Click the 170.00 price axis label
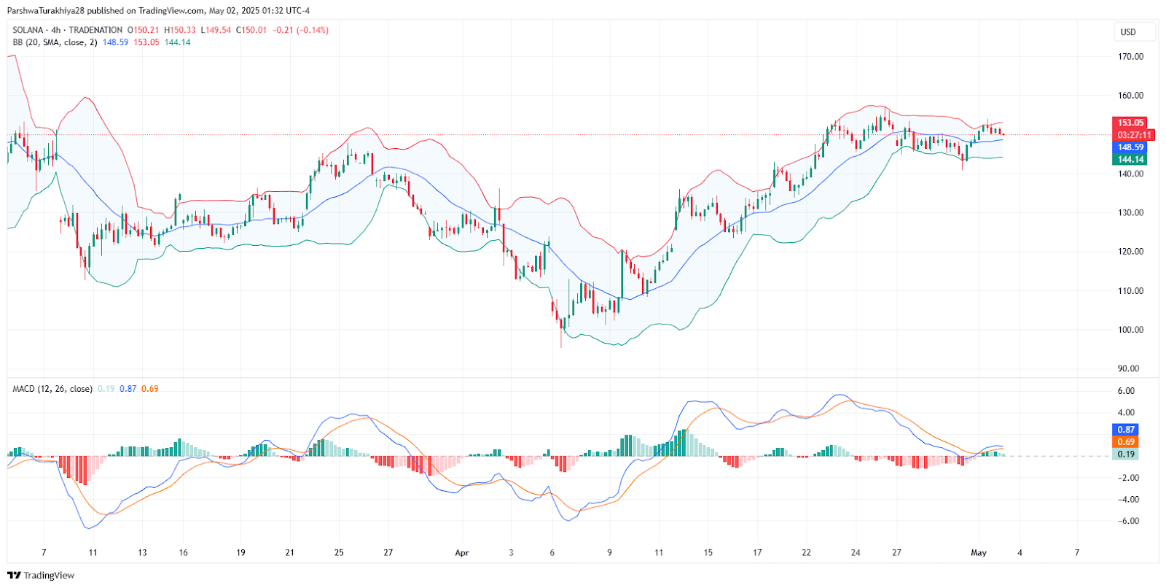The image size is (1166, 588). coord(1130,56)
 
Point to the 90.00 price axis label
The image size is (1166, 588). coord(1130,368)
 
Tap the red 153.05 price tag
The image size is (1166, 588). coord(1130,123)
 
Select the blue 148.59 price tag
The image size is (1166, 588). coord(1130,147)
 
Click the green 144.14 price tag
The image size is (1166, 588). coord(1130,159)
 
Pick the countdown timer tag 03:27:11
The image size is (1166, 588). coord(1134,135)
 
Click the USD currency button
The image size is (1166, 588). coord(1128,32)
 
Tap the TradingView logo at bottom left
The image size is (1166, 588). coord(41,575)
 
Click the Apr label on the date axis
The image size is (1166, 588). coord(462,552)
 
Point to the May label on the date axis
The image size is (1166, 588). coord(979,552)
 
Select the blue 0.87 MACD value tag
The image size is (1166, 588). coord(1126,430)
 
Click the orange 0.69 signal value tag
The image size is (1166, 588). coord(1126,442)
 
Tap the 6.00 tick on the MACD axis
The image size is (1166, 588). coord(1126,391)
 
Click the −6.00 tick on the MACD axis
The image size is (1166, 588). coord(1128,521)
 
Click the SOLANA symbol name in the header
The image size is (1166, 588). coord(28,30)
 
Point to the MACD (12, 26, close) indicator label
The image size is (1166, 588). coord(52,389)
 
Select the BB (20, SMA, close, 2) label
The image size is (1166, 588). coord(55,42)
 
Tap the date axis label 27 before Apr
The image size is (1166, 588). coord(388,552)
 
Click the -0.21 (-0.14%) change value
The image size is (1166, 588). coord(300,30)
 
